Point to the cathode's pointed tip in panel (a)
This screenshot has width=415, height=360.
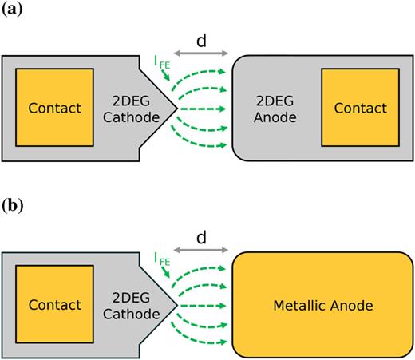point(176,108)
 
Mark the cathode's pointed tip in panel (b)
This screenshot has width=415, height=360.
point(176,305)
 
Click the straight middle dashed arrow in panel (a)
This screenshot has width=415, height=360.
point(204,108)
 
